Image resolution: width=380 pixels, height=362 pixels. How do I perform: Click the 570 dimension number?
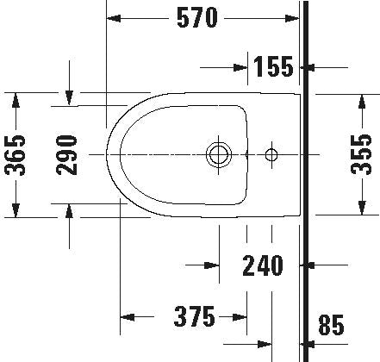tap(197, 18)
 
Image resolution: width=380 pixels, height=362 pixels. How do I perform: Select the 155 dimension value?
tap(274, 66)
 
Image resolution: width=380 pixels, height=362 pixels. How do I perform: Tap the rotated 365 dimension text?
tap(16, 155)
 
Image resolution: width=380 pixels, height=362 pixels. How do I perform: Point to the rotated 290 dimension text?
tap(67, 155)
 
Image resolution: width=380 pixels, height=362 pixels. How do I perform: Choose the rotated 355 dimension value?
tap(361, 154)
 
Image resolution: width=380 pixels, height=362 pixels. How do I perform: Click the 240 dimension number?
tap(263, 265)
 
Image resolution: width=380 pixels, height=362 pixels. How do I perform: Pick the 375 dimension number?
tap(195, 316)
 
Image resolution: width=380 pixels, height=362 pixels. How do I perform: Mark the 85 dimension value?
tap(331, 325)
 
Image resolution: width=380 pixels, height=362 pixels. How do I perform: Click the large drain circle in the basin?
tap(219, 154)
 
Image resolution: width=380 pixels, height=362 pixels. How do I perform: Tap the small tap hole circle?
tap(271, 154)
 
